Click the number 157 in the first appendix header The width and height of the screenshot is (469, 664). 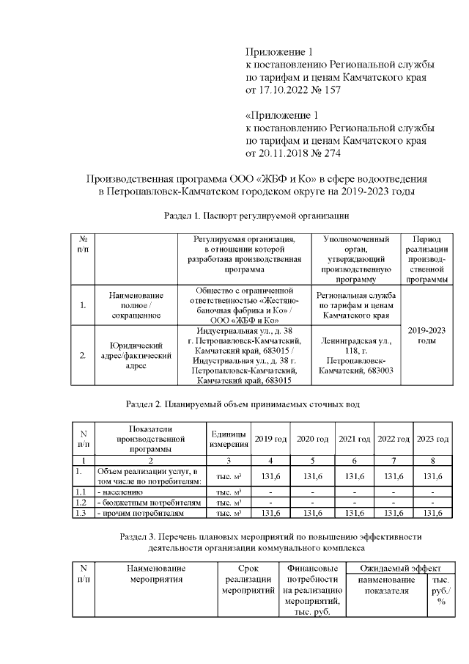tap(330, 90)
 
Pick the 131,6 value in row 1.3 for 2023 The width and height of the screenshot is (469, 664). tap(431, 514)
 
